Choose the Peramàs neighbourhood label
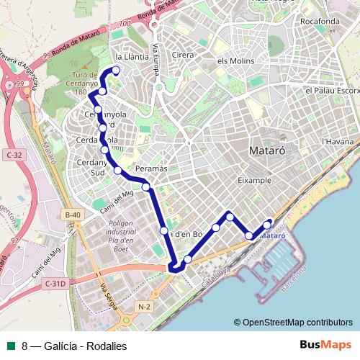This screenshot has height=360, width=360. coord(150,168)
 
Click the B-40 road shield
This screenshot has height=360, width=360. coord(71,215)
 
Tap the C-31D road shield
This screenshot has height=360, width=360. coord(54,284)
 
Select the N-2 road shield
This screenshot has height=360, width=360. coord(143,306)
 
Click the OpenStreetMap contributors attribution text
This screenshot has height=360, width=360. coord(295,322)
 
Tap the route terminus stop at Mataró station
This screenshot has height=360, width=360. coord(268,223)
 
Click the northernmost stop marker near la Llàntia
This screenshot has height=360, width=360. coord(114,70)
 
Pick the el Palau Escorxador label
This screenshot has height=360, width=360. coord(331,91)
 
